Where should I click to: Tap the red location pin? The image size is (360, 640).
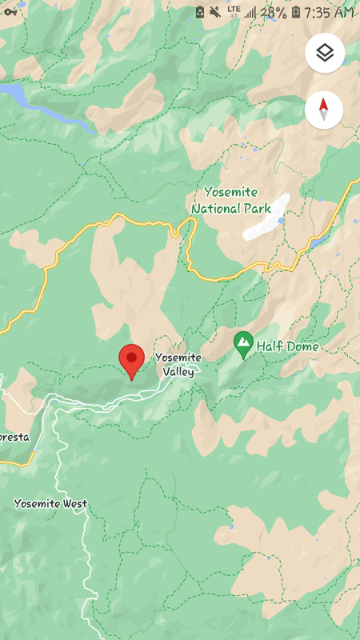tap(131, 359)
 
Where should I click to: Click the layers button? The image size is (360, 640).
tap(324, 54)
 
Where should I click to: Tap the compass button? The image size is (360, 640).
tap(324, 110)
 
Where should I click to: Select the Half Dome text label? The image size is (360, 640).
tap(287, 346)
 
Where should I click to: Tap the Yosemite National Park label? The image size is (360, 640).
tap(231, 201)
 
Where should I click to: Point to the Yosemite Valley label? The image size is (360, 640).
tap(178, 364)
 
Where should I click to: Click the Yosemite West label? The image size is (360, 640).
tap(50, 504)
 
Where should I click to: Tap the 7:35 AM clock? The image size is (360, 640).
tap(329, 12)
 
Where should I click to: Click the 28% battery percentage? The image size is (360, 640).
tap(274, 12)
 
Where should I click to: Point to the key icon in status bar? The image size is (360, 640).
tap(10, 11)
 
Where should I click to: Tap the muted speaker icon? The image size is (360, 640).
tap(215, 12)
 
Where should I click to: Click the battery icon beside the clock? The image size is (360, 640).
tap(296, 12)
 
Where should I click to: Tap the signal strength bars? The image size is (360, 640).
tap(250, 12)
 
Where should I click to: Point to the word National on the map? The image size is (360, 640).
tap(216, 209)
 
